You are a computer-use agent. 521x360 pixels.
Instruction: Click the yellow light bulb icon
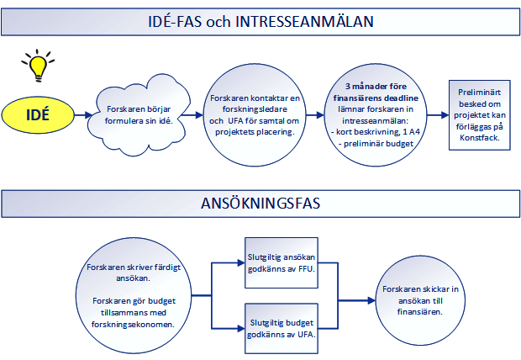click(x=38, y=66)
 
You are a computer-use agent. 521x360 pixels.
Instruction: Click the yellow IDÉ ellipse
click(x=38, y=115)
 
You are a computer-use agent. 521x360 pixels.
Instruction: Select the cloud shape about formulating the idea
click(x=139, y=115)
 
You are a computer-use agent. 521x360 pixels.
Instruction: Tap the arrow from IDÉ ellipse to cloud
click(x=83, y=115)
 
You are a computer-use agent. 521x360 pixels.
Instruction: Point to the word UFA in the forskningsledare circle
click(x=235, y=121)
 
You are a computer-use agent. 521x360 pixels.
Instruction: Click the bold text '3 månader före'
click(x=376, y=87)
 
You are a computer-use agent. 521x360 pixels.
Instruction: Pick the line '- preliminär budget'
click(x=376, y=144)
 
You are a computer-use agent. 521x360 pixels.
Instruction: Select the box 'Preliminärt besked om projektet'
click(x=480, y=115)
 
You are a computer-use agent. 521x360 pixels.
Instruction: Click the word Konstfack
click(x=480, y=138)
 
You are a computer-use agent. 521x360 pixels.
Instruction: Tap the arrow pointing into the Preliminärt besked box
click(x=438, y=115)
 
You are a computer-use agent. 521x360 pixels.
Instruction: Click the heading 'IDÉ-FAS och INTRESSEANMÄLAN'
click(x=260, y=22)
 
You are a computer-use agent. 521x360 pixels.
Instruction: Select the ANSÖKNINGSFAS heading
click(x=260, y=204)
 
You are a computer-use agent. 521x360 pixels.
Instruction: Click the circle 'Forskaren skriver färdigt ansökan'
click(x=134, y=295)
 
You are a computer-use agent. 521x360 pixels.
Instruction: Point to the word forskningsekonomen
click(x=134, y=325)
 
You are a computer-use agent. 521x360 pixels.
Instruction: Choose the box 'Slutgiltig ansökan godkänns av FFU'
click(x=282, y=262)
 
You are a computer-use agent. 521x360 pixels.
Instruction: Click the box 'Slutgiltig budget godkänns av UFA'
click(x=282, y=328)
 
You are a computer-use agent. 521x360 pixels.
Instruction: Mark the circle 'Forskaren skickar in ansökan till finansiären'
click(x=420, y=300)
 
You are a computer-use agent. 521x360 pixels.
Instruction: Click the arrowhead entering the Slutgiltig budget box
click(x=241, y=329)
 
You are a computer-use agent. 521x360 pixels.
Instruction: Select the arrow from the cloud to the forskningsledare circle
click(x=192, y=115)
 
